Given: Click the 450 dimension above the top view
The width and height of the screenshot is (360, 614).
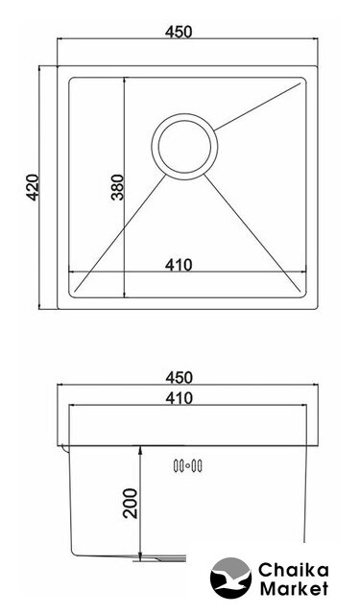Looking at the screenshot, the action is pyautogui.click(x=179, y=32).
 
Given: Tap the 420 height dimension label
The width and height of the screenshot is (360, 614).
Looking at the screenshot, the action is pyautogui.click(x=32, y=187).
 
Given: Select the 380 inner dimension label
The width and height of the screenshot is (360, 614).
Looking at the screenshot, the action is pyautogui.click(x=117, y=187).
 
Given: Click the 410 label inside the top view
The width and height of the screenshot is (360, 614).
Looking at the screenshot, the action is pyautogui.click(x=179, y=265).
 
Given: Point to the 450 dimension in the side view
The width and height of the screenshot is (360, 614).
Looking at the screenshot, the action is pyautogui.click(x=179, y=377).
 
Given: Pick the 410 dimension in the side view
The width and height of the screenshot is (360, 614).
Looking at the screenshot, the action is pyautogui.click(x=179, y=398).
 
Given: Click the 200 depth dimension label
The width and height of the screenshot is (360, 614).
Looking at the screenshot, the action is pyautogui.click(x=131, y=503).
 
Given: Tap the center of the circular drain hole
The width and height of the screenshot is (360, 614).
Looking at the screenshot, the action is pyautogui.click(x=184, y=147).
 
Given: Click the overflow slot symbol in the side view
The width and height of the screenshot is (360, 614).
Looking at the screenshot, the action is pyautogui.click(x=187, y=465).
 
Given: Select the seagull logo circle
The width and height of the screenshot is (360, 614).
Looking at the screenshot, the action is pyautogui.click(x=230, y=578).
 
